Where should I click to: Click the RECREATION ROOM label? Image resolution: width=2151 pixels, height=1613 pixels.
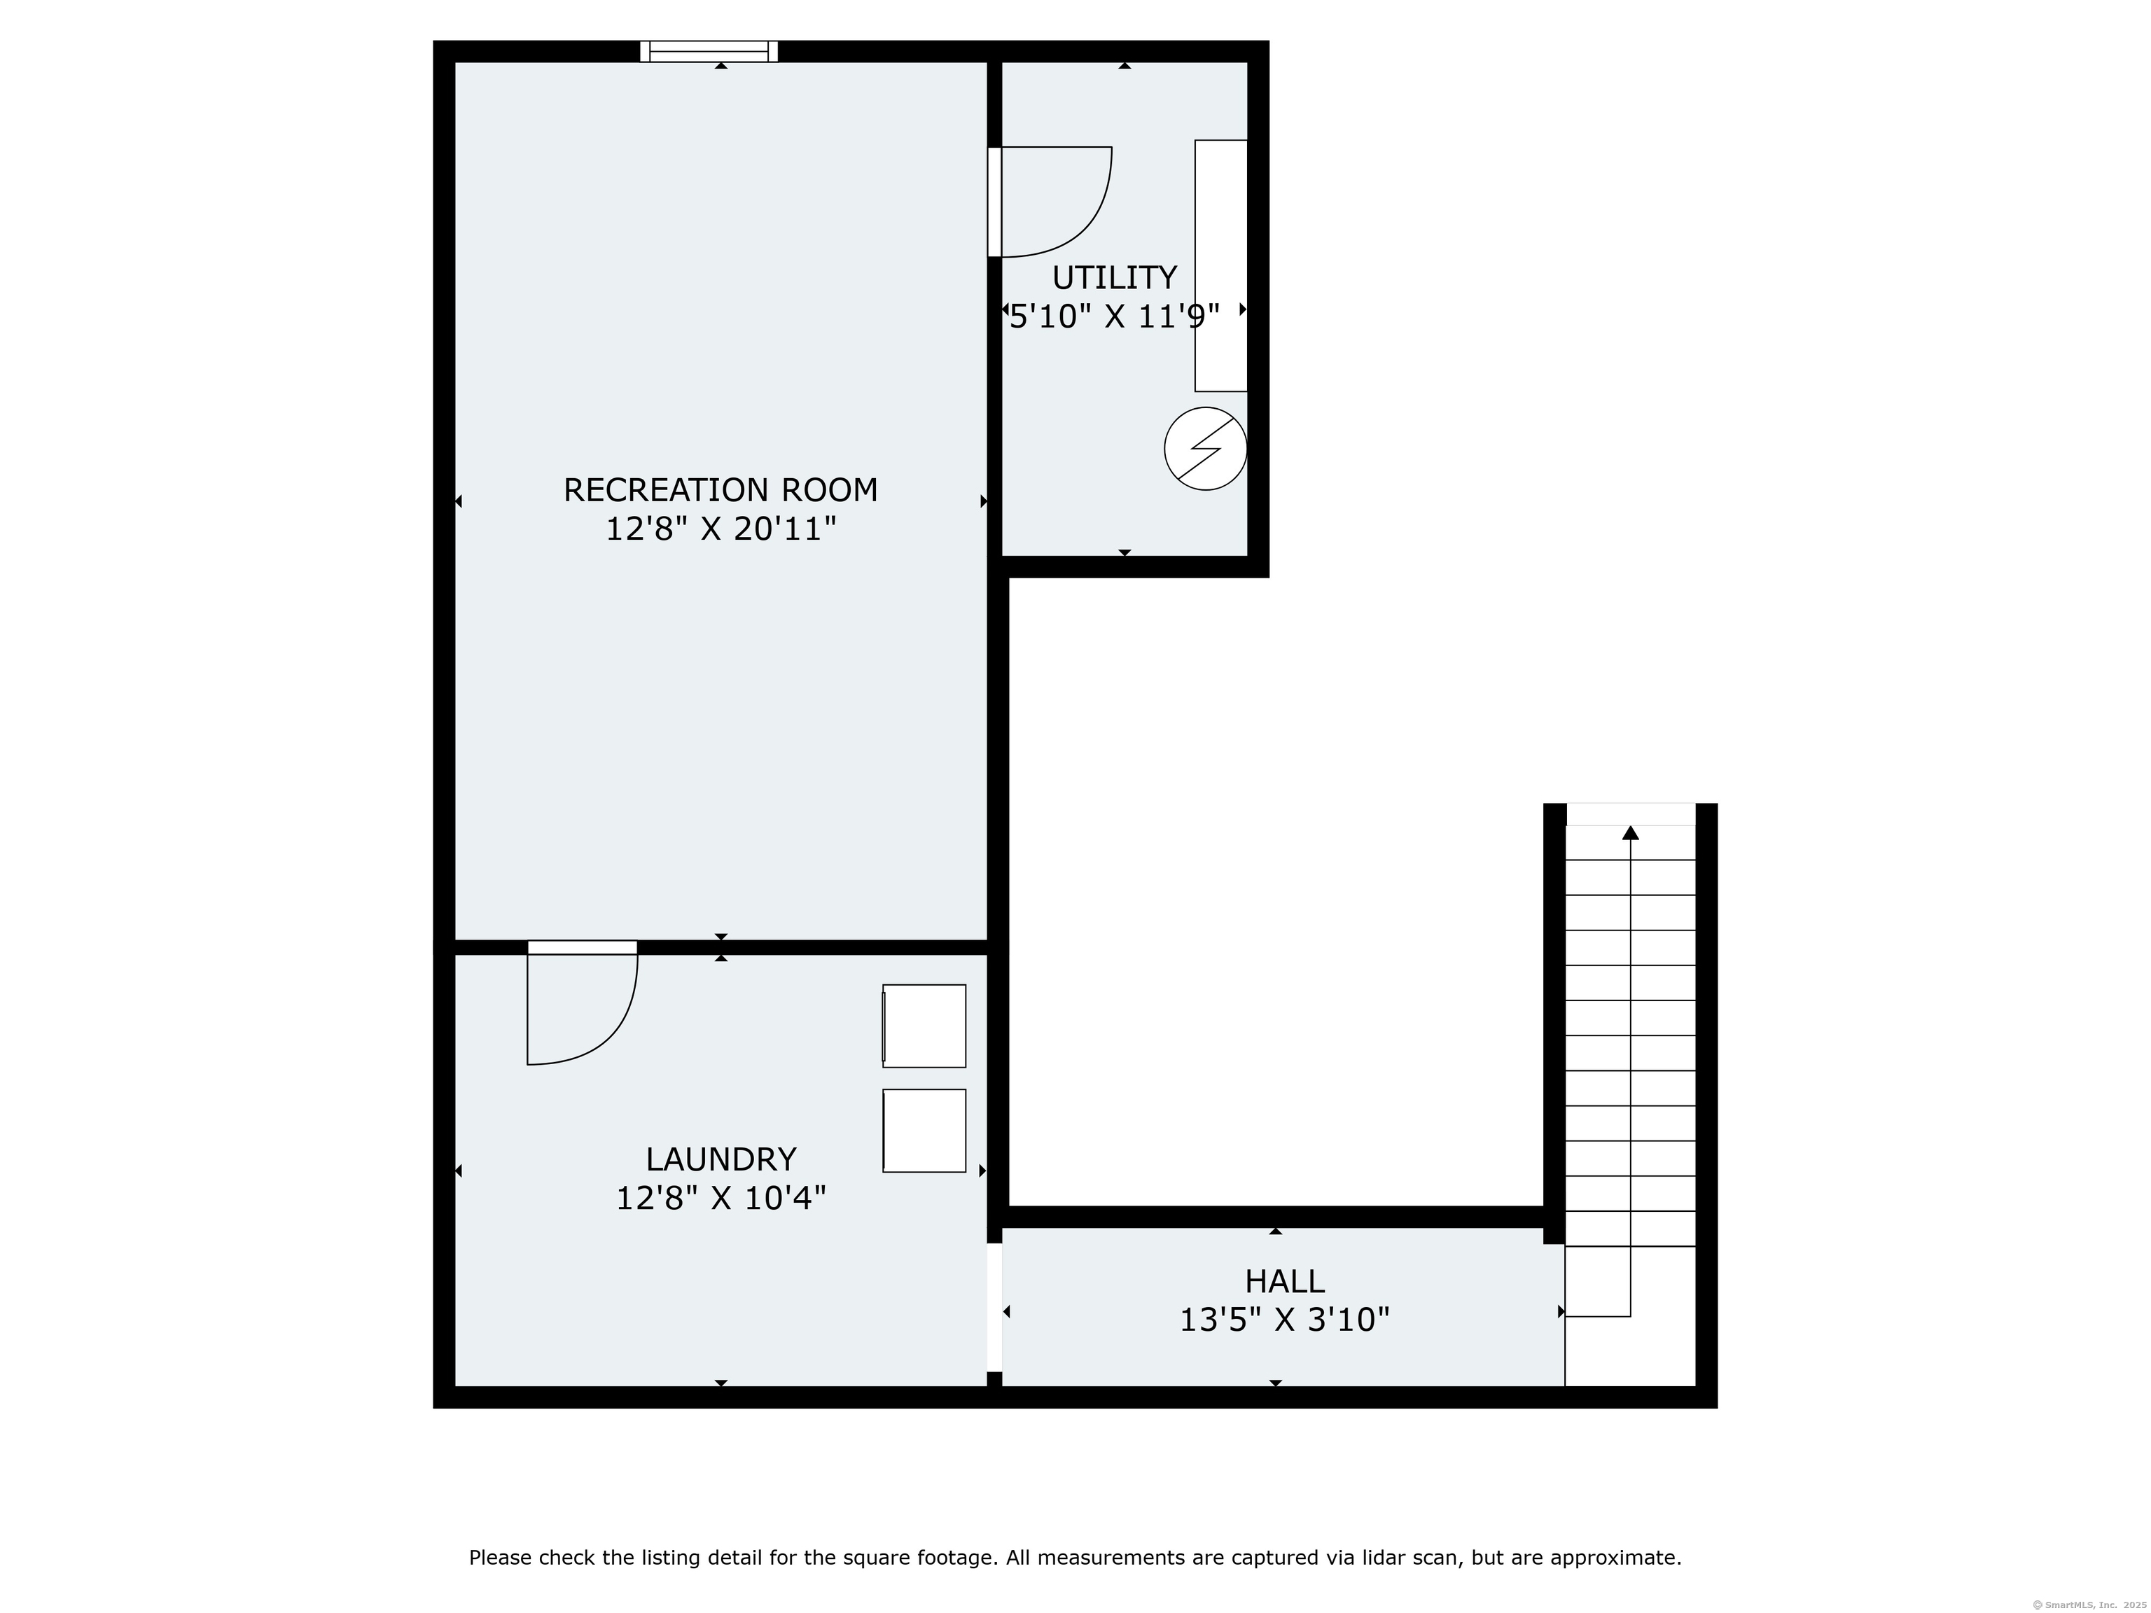click(721, 490)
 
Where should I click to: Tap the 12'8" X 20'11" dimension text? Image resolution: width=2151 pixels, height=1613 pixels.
click(721, 529)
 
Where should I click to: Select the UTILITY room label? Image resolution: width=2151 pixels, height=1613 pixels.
click(1115, 278)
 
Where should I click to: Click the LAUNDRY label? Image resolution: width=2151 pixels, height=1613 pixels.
click(721, 1159)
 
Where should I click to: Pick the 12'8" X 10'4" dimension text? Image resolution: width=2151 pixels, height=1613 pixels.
click(721, 1198)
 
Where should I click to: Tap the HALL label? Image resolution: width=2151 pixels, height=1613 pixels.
click(1285, 1280)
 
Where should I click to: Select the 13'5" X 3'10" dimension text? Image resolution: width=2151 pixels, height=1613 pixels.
click(1285, 1320)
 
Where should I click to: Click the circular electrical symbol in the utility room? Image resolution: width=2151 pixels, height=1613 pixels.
click(1206, 448)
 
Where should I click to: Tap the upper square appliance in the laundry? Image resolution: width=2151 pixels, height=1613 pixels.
click(924, 1026)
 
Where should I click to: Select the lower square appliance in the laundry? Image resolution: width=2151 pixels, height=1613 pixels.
click(924, 1131)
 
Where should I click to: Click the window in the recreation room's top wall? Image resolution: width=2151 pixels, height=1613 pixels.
click(709, 52)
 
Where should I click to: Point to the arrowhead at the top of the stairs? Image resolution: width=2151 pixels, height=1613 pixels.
click(1631, 832)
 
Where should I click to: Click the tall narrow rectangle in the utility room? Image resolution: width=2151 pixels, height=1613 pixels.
click(1221, 265)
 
